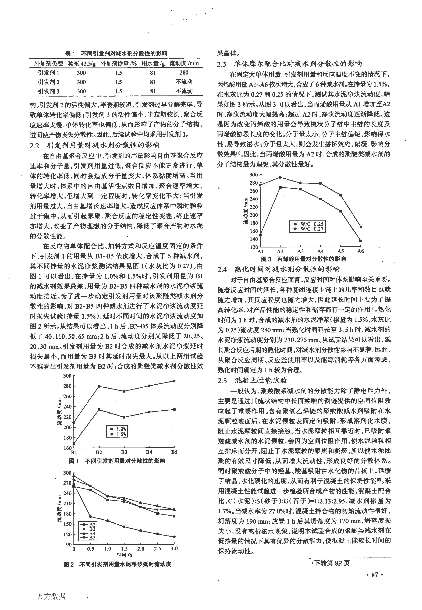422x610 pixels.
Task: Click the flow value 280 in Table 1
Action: pos(184,73)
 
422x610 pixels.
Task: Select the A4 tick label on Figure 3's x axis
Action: pos(320,251)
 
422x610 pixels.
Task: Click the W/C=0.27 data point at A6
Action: pos(361,227)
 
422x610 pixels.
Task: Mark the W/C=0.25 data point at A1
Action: pos(260,235)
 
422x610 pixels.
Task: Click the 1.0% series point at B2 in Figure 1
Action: pos(99,410)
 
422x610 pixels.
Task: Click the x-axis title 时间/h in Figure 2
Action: pos(124,555)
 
